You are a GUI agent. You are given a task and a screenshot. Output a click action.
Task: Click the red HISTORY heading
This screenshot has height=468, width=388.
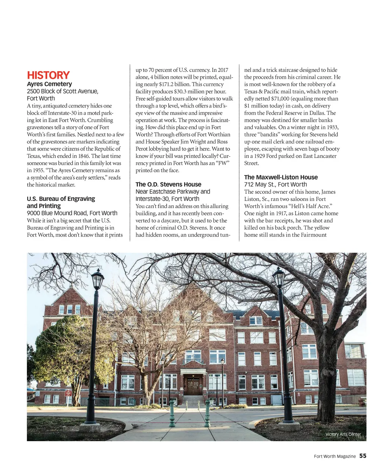(48, 75)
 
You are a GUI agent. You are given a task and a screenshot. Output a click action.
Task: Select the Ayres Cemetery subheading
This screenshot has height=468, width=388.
(49, 84)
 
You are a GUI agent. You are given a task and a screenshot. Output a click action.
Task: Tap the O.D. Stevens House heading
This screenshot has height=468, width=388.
(168, 184)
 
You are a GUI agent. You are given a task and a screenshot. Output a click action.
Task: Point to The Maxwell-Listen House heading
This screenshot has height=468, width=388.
(281, 177)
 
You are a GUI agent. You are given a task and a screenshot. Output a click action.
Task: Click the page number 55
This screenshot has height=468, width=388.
(363, 456)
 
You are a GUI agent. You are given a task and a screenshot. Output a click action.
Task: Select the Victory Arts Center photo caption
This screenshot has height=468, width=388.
(343, 434)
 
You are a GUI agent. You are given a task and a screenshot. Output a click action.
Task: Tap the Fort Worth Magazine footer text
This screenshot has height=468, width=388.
(335, 456)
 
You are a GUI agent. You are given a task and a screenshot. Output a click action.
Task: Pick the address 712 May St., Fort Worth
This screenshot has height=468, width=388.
(275, 184)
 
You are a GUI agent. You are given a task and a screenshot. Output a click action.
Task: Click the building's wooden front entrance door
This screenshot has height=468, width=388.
(193, 386)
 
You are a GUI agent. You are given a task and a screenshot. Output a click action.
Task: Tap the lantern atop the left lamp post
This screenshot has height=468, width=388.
(97, 279)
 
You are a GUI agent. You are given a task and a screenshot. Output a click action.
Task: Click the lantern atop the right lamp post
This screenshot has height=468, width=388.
(279, 277)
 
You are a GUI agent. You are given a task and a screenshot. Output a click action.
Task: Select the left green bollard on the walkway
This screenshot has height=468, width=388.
(172, 414)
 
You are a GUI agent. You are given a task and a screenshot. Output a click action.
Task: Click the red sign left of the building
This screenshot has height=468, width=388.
(68, 393)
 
